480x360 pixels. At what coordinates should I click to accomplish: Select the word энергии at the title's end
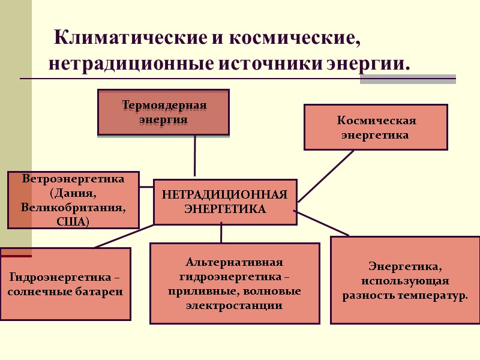click(x=367, y=63)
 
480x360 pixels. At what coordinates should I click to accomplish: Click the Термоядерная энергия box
click(x=163, y=112)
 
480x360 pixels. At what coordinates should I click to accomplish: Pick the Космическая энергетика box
click(x=376, y=127)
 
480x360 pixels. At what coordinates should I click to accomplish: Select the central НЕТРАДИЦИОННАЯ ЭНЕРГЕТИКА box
click(x=225, y=202)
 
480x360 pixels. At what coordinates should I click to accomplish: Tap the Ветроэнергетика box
click(x=73, y=200)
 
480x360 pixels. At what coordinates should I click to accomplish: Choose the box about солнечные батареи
click(x=65, y=284)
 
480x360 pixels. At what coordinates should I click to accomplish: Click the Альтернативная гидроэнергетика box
click(x=234, y=283)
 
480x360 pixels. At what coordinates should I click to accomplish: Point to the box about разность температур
click(x=405, y=280)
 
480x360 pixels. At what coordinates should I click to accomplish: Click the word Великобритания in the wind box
click(x=73, y=208)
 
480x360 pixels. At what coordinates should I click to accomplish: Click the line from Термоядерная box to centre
click(x=194, y=156)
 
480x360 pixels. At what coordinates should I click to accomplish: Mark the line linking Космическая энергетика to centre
click(x=326, y=176)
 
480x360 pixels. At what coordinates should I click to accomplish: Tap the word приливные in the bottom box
click(x=209, y=292)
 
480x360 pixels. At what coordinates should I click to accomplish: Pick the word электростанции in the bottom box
click(x=234, y=305)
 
